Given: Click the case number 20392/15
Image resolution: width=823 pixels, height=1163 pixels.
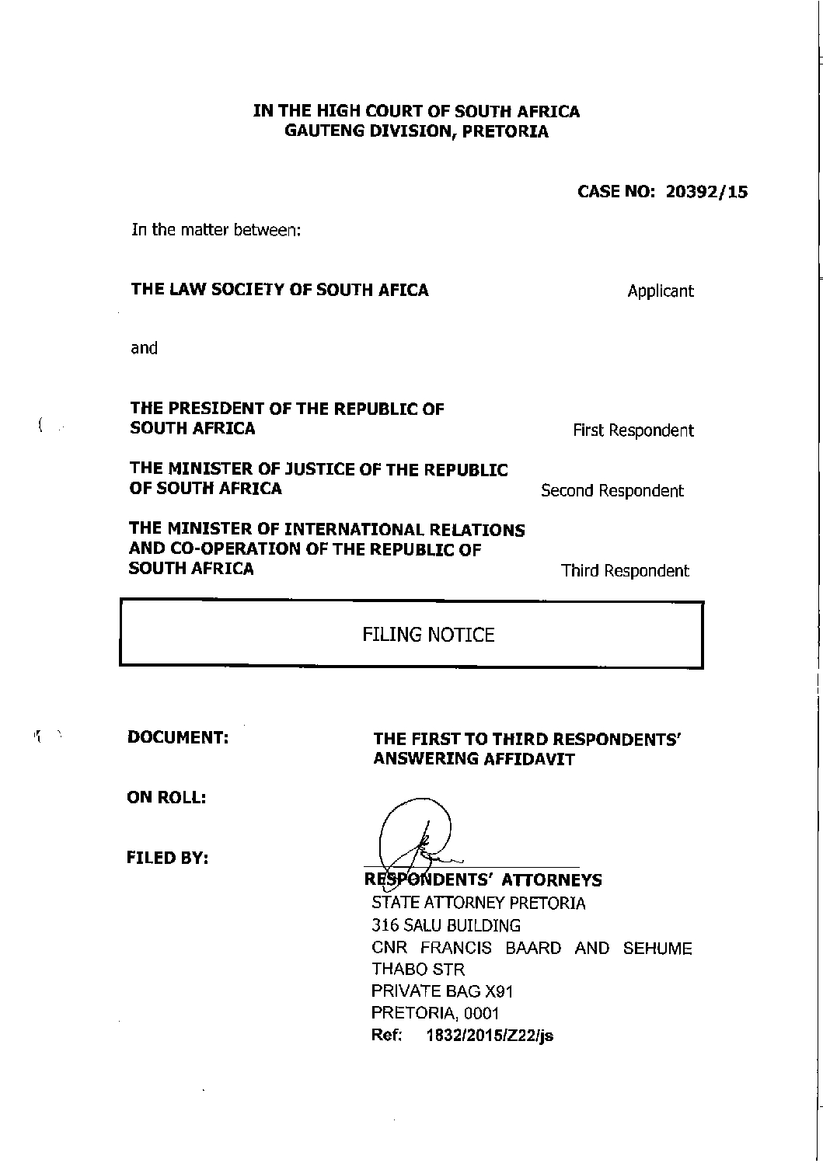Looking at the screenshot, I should [x=706, y=192].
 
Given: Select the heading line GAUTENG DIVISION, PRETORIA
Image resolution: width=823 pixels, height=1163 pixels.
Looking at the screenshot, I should [x=416, y=131].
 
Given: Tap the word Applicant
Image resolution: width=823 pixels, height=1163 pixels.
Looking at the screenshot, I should [x=661, y=291].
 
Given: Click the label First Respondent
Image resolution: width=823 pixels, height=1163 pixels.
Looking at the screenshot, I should [x=633, y=430].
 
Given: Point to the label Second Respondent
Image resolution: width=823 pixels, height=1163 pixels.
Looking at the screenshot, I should [x=612, y=491].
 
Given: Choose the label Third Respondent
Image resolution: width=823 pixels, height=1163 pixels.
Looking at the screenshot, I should [x=625, y=571].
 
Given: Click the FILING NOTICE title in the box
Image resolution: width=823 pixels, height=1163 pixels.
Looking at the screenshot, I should [x=428, y=635].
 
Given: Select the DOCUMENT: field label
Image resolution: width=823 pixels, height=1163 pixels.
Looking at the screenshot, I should [x=178, y=737].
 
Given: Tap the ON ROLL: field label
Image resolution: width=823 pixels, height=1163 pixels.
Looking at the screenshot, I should [x=166, y=798].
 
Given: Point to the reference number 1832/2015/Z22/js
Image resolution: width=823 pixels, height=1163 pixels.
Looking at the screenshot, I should [x=490, y=1036].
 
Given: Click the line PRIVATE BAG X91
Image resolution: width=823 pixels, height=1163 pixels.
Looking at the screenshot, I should [x=442, y=991].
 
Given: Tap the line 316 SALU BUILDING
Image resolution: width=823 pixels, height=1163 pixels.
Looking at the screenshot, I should [x=446, y=926].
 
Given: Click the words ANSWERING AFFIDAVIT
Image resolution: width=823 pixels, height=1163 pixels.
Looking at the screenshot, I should [x=474, y=759].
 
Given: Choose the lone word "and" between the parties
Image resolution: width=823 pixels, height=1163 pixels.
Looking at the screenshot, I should [x=144, y=348].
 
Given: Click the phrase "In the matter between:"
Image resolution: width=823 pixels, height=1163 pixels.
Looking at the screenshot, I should [x=211, y=231].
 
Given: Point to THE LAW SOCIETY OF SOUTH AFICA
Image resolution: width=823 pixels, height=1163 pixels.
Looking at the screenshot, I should [x=280, y=290].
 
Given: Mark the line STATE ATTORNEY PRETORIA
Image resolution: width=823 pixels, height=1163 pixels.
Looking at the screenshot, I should [x=479, y=904].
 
